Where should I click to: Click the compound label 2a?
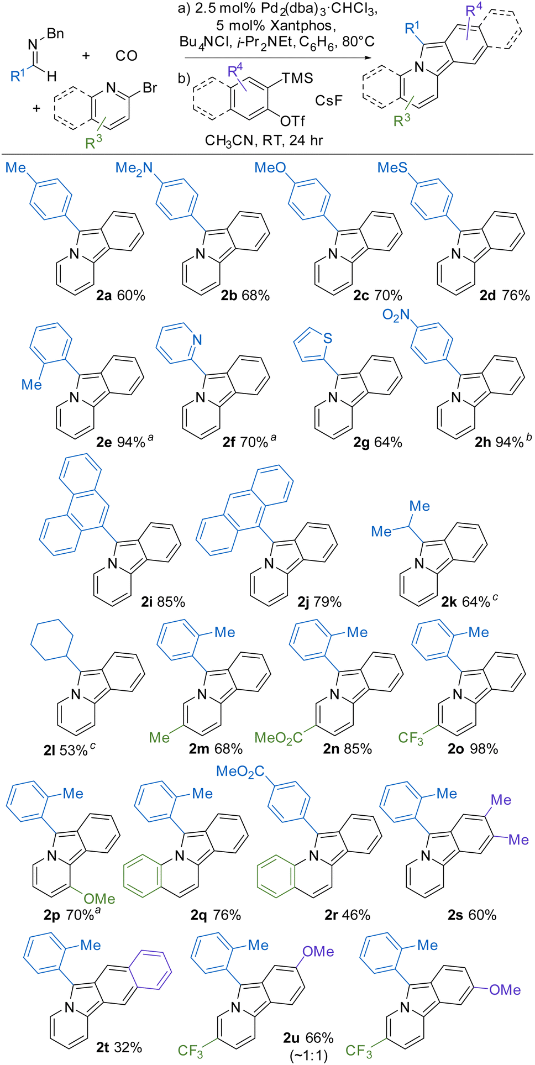click(x=104, y=296)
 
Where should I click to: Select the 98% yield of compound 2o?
click(x=484, y=749)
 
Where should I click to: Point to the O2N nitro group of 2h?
click(x=396, y=316)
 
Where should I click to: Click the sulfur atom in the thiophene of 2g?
click(x=328, y=339)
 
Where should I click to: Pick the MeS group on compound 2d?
click(x=392, y=168)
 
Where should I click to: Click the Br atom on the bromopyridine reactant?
click(x=150, y=88)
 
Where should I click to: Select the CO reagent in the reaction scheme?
click(x=127, y=56)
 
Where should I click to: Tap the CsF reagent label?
click(x=329, y=101)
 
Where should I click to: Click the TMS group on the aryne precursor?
click(x=297, y=78)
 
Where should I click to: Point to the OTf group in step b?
click(x=292, y=121)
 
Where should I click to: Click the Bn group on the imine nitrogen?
click(x=55, y=34)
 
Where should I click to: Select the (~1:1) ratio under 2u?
click(x=308, y=1056)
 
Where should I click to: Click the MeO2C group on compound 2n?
click(x=278, y=738)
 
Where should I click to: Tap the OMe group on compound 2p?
click(x=99, y=899)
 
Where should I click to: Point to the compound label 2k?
click(x=449, y=601)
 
